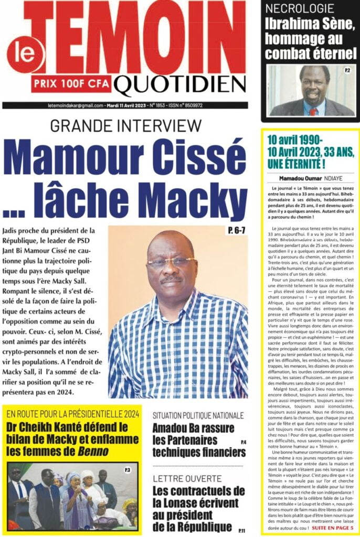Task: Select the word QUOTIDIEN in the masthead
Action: point(179,84)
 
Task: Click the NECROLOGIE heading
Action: point(299,8)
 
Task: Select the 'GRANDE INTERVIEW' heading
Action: point(126,126)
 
